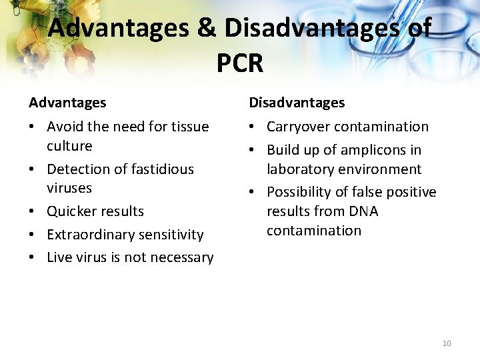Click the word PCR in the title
(240, 63)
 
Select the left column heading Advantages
(67, 103)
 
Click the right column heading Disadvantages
(297, 103)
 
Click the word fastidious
(161, 169)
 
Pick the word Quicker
(71, 211)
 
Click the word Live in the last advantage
(59, 257)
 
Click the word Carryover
(299, 127)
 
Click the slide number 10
(447, 343)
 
